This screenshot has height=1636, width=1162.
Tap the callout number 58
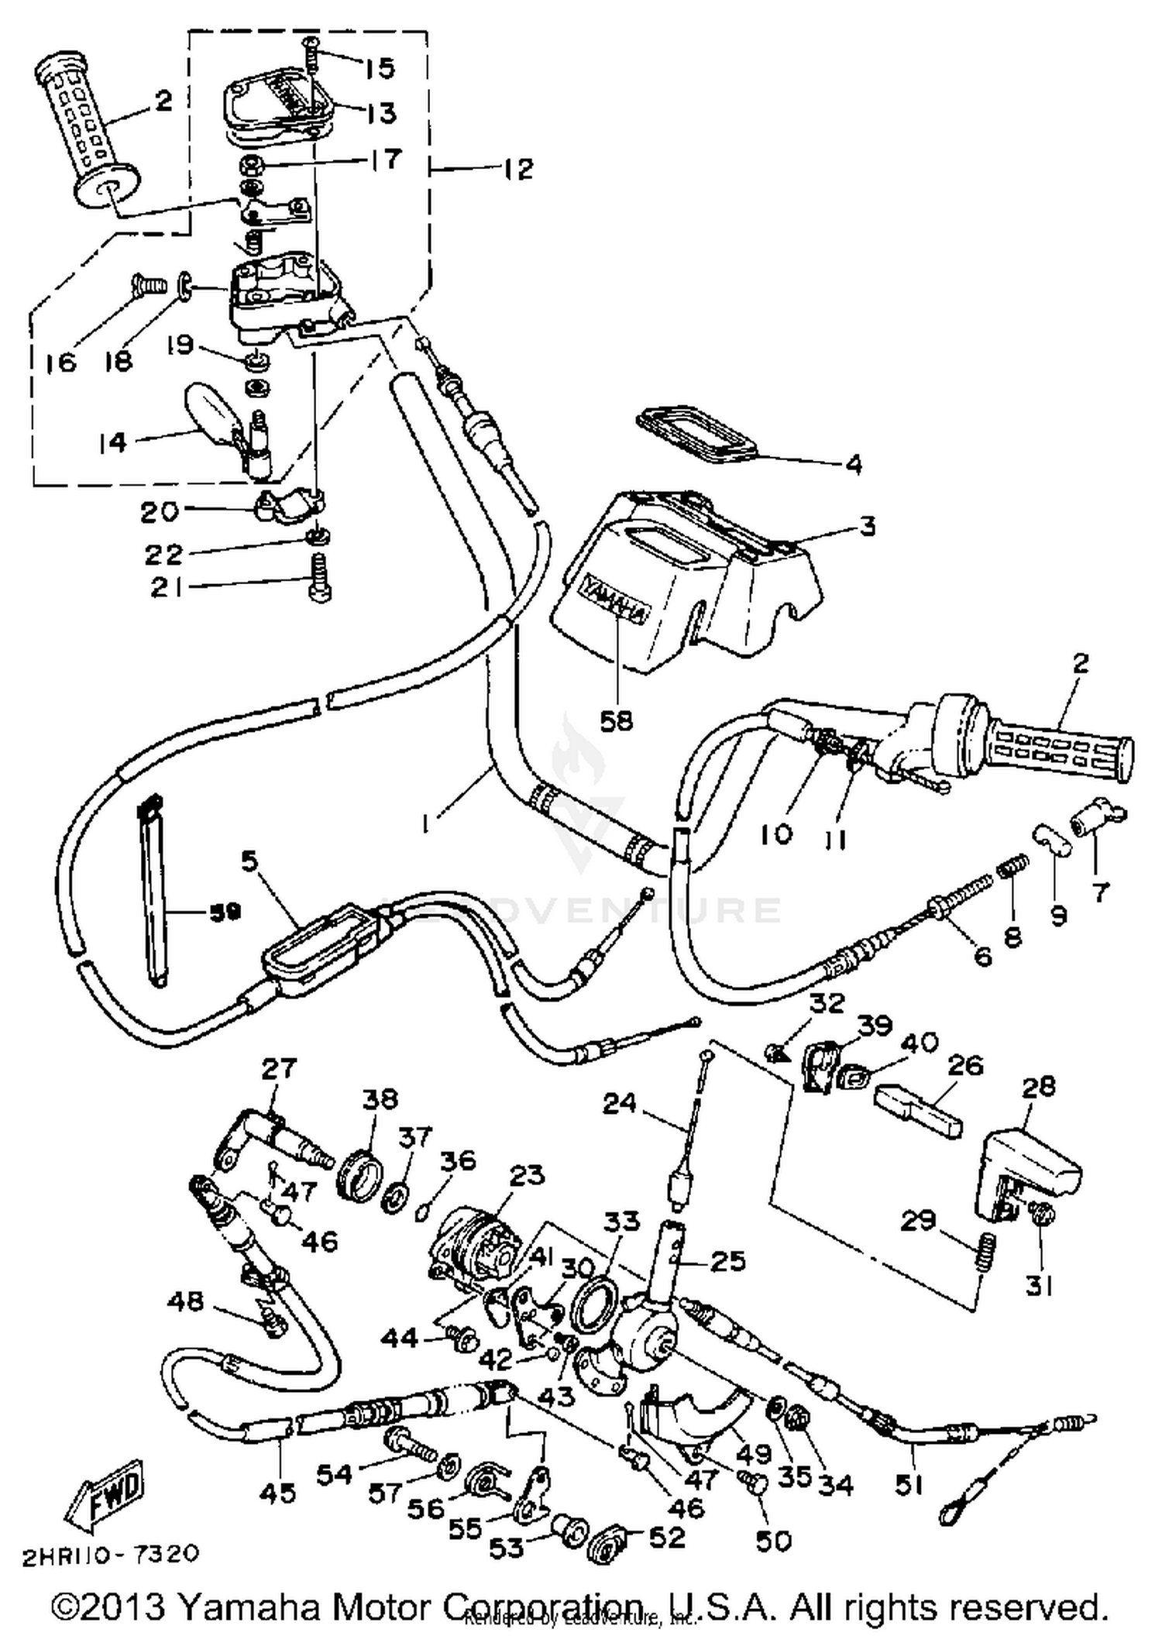point(617,720)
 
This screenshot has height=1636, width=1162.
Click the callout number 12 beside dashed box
point(518,169)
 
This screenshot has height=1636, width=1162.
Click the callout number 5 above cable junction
point(249,860)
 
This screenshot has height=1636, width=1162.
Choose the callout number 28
point(1038,1086)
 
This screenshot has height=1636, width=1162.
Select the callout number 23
point(527,1175)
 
